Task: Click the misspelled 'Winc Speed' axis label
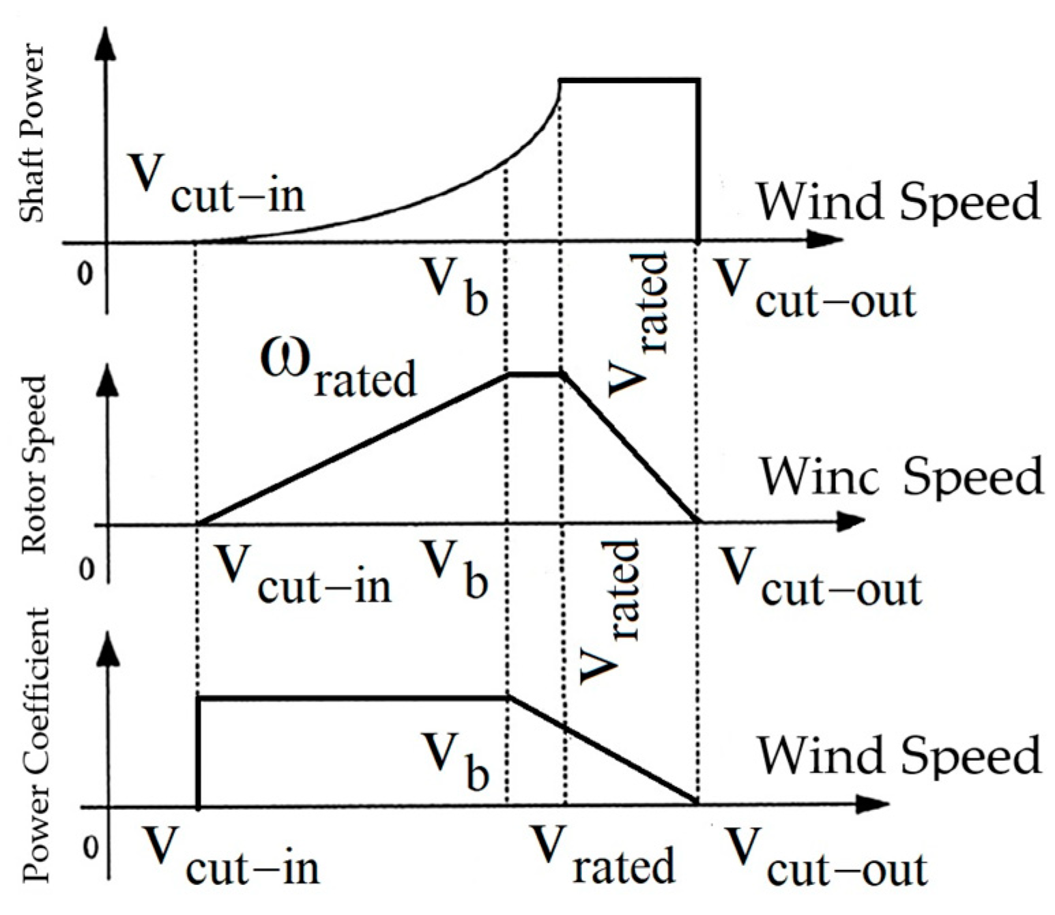(901, 476)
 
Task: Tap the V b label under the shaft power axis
(454, 287)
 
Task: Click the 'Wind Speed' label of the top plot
(899, 201)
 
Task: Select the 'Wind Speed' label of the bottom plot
(899, 754)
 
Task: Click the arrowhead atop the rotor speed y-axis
(106, 381)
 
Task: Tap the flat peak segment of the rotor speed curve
(534, 374)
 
